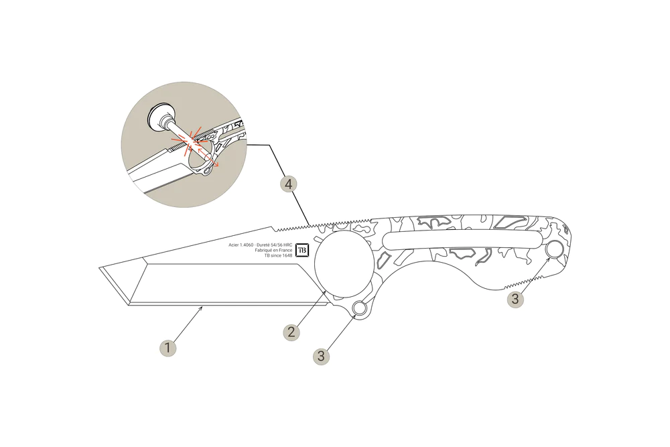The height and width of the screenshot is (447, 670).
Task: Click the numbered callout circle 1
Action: [167, 348]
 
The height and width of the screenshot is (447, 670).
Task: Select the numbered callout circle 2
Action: [290, 332]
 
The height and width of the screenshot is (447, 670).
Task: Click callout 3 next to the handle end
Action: [515, 299]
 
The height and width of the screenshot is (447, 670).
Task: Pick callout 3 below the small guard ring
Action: [321, 356]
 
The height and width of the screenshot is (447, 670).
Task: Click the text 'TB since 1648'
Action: [278, 255]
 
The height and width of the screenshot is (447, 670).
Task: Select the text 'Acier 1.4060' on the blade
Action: [243, 245]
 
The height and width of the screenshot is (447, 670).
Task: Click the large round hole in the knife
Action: [343, 264]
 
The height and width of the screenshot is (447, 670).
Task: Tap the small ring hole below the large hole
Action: [360, 309]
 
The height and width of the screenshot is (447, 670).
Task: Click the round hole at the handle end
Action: [554, 250]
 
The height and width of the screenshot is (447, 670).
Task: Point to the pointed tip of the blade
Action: [100, 269]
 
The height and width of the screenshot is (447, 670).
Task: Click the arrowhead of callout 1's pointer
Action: [202, 308]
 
